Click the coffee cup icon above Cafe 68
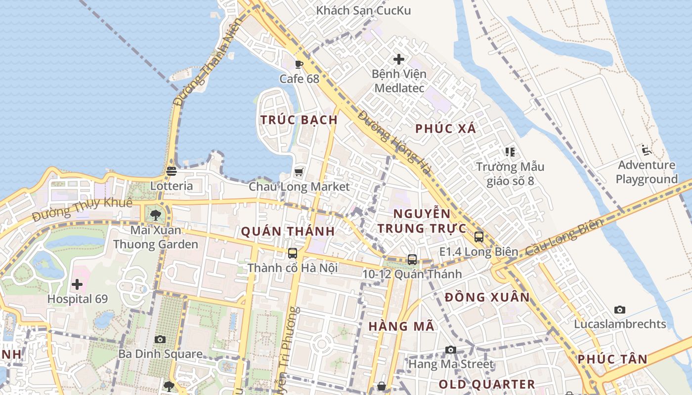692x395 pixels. point(299,64)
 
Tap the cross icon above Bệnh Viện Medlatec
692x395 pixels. point(399,60)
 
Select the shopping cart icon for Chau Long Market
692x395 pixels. point(299,172)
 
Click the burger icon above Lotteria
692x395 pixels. point(171,171)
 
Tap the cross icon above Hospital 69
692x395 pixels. point(77,284)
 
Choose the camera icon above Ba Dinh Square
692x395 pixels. point(160,340)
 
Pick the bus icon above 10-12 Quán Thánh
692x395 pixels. point(412,260)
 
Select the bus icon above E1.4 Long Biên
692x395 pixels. point(478,237)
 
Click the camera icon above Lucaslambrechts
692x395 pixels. point(620,310)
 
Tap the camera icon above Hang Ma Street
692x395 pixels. point(450,350)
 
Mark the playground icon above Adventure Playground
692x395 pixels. point(646,150)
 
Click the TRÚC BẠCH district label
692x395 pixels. point(299,120)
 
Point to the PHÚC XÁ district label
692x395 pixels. point(445,129)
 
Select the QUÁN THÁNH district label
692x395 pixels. point(288,232)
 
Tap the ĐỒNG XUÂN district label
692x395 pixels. point(487,297)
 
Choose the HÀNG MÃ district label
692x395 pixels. point(401,326)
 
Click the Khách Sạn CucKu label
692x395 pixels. point(363,10)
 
